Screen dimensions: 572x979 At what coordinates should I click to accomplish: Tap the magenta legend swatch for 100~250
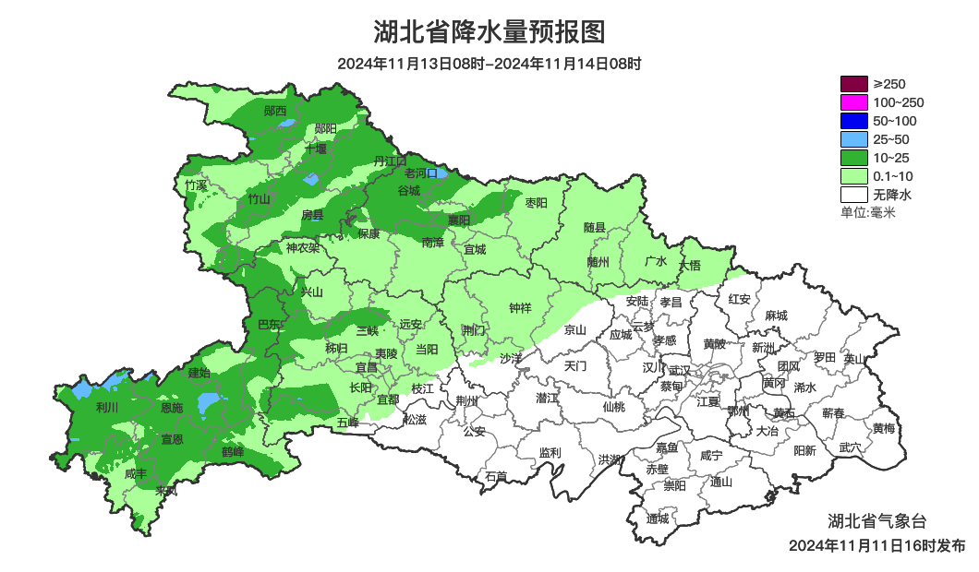854,102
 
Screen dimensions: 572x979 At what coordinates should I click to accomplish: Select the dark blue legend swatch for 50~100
854,121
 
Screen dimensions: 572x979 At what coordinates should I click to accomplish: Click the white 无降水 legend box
854,195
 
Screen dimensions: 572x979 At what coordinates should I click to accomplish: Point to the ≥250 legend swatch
854,84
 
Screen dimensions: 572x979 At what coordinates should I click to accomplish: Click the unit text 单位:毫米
867,213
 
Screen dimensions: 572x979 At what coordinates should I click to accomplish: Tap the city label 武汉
679,369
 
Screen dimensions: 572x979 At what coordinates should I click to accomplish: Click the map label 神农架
302,248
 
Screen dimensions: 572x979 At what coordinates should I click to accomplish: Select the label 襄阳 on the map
459,220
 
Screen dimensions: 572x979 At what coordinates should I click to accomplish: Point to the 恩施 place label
172,407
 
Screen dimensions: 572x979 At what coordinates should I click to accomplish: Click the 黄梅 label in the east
884,428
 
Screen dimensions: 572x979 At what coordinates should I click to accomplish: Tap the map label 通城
658,518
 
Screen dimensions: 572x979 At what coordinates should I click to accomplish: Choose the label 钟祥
521,308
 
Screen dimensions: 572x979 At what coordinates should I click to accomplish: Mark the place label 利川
107,407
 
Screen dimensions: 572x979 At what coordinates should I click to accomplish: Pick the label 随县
595,227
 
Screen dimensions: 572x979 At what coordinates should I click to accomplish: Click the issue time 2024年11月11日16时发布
876,545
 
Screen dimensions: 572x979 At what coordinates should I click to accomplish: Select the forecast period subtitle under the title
489,64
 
